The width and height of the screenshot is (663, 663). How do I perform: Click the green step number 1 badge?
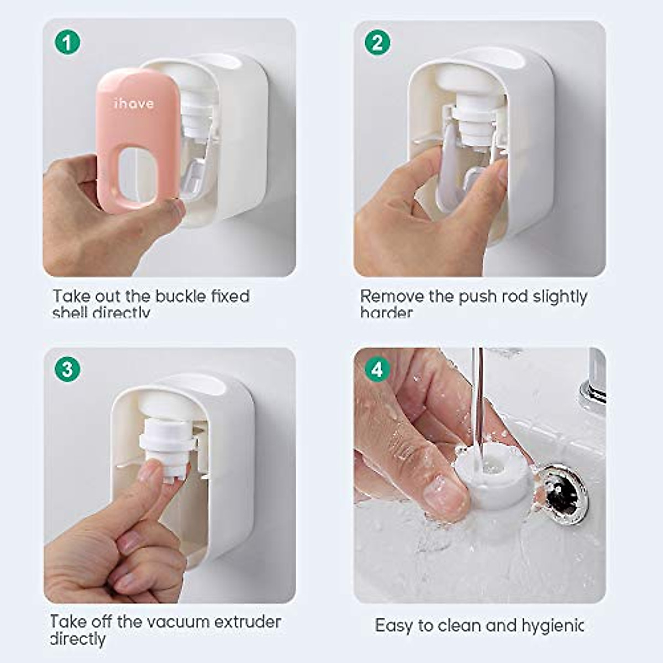pyautogui.click(x=67, y=43)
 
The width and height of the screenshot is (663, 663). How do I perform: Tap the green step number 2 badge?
pyautogui.click(x=378, y=43)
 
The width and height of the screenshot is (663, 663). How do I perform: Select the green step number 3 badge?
pyautogui.click(x=67, y=369)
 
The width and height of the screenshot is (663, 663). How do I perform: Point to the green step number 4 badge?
pyautogui.click(x=378, y=369)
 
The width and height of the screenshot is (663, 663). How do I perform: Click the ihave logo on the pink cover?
pyautogui.click(x=134, y=103)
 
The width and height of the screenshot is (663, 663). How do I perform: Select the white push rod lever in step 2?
pyautogui.click(x=451, y=166)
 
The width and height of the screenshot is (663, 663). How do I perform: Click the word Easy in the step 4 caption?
pyautogui.click(x=394, y=625)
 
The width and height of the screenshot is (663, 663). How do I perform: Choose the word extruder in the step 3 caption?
pyautogui.click(x=248, y=622)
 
